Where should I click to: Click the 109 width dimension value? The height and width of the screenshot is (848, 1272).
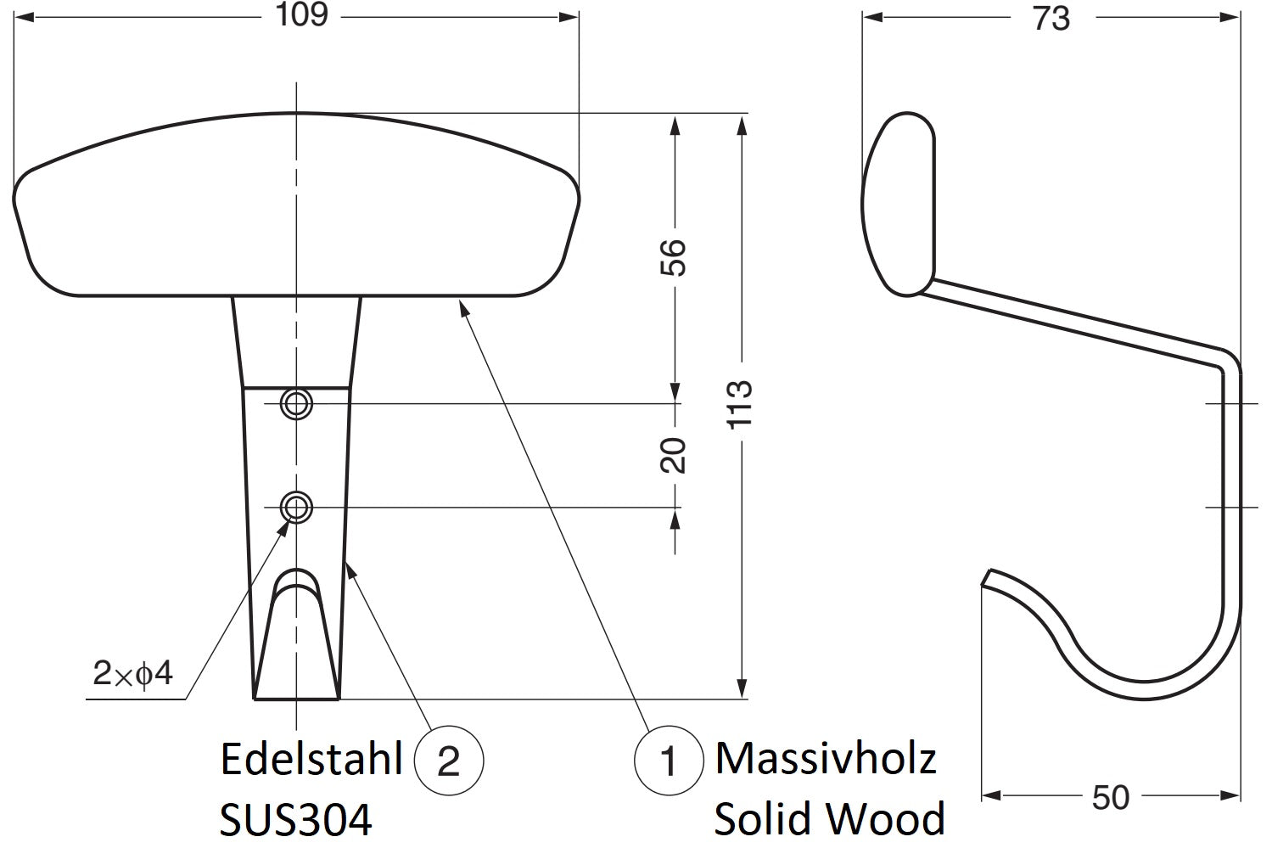[301, 15]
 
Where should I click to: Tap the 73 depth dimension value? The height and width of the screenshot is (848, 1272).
[1051, 19]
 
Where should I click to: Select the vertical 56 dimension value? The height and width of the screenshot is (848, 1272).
[674, 258]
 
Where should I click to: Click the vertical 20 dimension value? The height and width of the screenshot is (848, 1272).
[674, 455]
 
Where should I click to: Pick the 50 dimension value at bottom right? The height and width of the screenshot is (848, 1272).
[1111, 797]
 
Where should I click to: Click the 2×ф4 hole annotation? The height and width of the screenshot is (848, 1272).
[132, 674]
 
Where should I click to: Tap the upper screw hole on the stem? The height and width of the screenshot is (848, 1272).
[296, 404]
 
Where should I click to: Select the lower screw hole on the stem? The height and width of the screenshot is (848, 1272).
[296, 507]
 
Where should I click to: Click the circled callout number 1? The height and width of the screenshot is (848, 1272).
[669, 761]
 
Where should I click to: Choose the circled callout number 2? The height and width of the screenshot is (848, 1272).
[449, 761]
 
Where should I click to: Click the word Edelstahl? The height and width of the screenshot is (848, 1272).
[311, 759]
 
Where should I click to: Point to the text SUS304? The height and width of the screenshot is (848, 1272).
[296, 819]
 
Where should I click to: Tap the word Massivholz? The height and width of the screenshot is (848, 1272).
[826, 759]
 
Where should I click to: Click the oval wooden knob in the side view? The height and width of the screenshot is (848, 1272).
[898, 204]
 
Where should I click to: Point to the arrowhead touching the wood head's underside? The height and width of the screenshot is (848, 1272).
[464, 308]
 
